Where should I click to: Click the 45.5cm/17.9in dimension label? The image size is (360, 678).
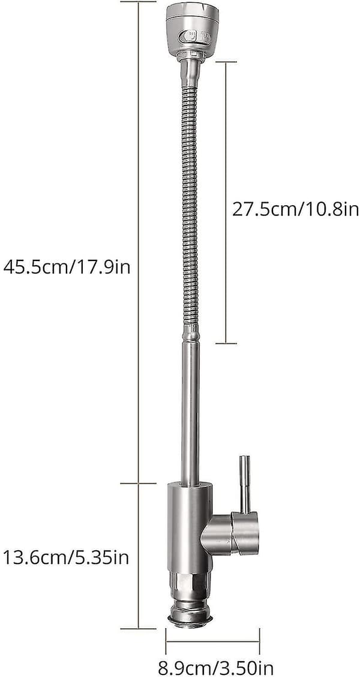tap(67, 267)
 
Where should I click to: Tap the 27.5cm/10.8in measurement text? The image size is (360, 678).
tap(296, 209)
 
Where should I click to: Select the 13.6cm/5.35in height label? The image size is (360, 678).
tap(66, 557)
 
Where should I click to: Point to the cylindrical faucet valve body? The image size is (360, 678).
tap(190, 527)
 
